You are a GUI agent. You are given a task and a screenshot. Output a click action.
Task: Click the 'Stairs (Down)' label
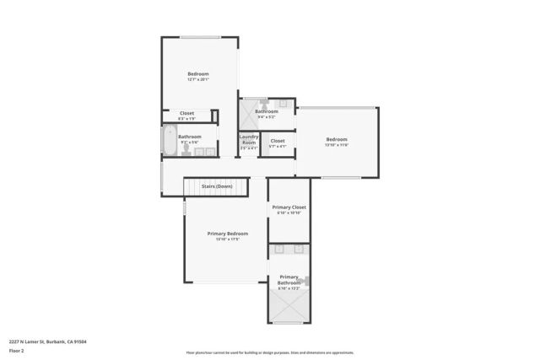coord(217,186)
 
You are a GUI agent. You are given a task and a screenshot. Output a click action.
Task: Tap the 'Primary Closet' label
coord(289,207)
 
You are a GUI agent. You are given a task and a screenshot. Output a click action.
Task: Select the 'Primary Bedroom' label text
coord(228,234)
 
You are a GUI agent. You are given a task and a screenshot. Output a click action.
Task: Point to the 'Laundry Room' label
coord(248,139)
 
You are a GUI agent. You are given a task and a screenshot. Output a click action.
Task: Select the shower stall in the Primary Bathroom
coord(289,309)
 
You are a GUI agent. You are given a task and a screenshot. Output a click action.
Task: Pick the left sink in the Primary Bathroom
coord(279,250)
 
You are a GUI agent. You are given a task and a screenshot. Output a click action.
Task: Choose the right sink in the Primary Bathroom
coord(300,250)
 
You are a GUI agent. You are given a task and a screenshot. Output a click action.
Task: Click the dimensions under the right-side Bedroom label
coord(337,145)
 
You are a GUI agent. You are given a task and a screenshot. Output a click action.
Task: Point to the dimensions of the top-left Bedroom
coord(198,80)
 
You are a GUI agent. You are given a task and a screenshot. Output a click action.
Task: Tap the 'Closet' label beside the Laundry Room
coord(278,141)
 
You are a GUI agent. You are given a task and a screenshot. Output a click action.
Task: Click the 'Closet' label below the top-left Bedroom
coord(186,113)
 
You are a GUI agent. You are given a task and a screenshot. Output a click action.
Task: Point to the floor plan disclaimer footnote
coord(269,352)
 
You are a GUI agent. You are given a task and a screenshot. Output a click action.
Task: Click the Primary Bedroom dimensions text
coord(228,239)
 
